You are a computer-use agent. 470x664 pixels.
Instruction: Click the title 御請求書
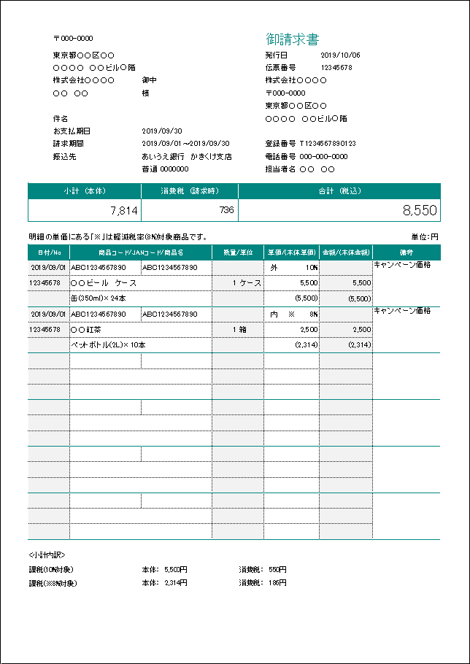click(x=292, y=39)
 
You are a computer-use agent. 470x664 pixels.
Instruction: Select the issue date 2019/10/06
click(x=340, y=55)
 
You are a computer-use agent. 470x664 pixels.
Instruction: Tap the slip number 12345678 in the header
click(x=336, y=67)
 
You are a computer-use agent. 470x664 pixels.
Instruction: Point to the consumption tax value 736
click(x=226, y=210)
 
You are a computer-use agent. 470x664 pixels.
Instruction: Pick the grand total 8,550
click(x=420, y=211)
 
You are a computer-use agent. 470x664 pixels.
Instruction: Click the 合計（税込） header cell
click(x=339, y=191)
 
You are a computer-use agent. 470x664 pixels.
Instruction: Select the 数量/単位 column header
click(x=238, y=252)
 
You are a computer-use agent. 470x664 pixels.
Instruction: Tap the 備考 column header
click(x=406, y=252)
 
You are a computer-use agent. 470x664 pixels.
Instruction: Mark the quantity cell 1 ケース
click(x=246, y=282)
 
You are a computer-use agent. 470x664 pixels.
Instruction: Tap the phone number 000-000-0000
click(x=323, y=156)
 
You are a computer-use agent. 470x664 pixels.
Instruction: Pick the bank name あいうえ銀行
click(x=163, y=156)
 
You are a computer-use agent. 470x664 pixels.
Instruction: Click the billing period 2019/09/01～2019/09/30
click(x=185, y=144)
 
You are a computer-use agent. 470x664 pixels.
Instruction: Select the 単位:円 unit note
click(x=425, y=236)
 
